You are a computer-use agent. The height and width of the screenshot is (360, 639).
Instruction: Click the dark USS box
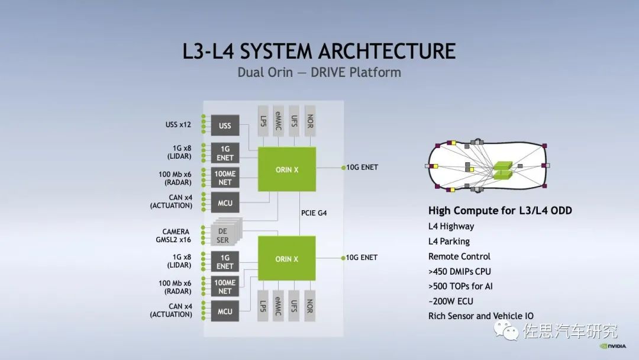click(x=225, y=126)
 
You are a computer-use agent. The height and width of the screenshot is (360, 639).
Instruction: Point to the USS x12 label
click(x=178, y=125)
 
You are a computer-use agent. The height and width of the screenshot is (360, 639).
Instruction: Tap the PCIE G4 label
click(x=314, y=213)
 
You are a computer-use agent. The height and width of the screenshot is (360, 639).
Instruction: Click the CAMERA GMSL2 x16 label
click(x=176, y=236)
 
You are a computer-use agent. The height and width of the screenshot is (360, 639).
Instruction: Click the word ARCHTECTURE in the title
click(x=387, y=51)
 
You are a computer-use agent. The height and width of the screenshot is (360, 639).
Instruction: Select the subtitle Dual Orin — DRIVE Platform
click(x=319, y=73)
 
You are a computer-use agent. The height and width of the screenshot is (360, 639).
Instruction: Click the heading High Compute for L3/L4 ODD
click(x=500, y=211)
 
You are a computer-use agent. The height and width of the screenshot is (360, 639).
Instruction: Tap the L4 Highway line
click(x=451, y=226)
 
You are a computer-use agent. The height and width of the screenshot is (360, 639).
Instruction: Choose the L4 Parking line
click(x=448, y=242)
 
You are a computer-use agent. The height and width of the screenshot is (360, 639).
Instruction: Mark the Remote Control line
click(x=459, y=256)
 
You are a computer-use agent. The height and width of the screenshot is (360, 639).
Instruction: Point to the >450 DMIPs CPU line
click(x=459, y=271)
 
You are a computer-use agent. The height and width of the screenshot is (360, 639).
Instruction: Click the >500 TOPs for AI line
click(x=460, y=286)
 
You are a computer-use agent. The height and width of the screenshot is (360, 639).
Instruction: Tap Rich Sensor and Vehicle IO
click(x=480, y=316)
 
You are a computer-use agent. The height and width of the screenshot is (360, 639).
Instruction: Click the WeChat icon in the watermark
click(x=507, y=330)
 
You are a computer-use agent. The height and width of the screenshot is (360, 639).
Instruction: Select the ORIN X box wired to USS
click(x=287, y=169)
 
